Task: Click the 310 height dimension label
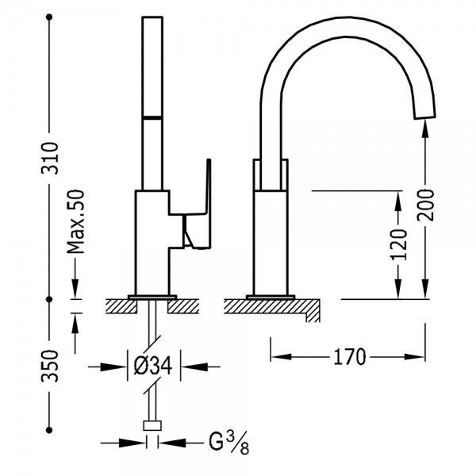(x=49, y=158)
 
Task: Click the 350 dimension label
(x=49, y=366)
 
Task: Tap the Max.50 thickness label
(x=75, y=221)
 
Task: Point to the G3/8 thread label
(x=229, y=443)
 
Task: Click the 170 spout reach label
(x=350, y=357)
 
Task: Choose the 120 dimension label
(x=398, y=244)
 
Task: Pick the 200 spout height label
(x=425, y=205)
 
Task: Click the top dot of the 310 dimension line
(x=49, y=17)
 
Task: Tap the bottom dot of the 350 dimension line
(x=49, y=430)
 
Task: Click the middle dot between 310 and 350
(x=49, y=299)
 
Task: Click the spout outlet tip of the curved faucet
(x=425, y=117)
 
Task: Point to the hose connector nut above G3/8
(x=152, y=426)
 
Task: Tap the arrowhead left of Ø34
(x=113, y=367)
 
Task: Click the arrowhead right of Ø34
(x=194, y=367)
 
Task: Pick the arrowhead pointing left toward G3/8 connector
(x=172, y=443)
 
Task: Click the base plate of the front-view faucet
(x=271, y=297)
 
